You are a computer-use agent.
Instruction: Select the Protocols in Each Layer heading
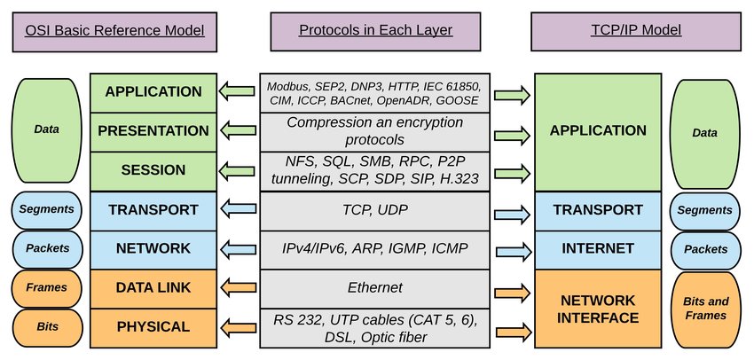pyautogui.click(x=375, y=30)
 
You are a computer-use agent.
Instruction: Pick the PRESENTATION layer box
pyautogui.click(x=153, y=131)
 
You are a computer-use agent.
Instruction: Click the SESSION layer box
pyautogui.click(x=153, y=170)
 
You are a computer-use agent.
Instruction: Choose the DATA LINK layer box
pyautogui.click(x=153, y=287)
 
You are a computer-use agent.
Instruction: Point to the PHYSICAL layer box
pyautogui.click(x=153, y=327)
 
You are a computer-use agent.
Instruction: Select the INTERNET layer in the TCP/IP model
pyautogui.click(x=596, y=248)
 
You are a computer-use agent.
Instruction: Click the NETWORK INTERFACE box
pyautogui.click(x=596, y=308)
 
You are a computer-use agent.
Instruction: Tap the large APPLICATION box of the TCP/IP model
pyautogui.click(x=596, y=131)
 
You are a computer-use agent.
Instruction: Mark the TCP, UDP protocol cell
pyautogui.click(x=375, y=209)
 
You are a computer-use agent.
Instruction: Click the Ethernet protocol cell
pyautogui.click(x=375, y=287)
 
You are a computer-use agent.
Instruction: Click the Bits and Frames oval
pyautogui.click(x=704, y=308)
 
